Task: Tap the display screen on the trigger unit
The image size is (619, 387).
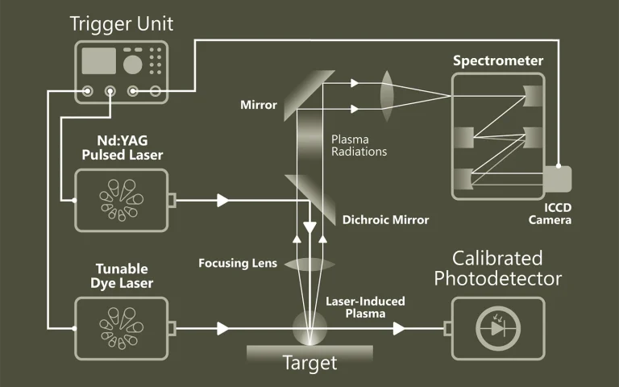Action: click(x=98, y=60)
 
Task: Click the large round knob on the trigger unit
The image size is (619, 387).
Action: click(x=133, y=63)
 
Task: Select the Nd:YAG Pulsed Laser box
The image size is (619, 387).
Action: click(x=121, y=198)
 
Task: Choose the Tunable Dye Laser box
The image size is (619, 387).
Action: click(x=121, y=328)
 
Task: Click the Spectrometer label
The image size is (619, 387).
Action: click(x=497, y=60)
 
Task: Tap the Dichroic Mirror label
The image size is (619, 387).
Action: click(x=385, y=219)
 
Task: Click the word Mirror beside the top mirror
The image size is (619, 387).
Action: click(x=258, y=105)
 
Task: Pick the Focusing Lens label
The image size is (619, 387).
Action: click(x=237, y=263)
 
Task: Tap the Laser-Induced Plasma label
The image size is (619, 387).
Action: click(x=365, y=307)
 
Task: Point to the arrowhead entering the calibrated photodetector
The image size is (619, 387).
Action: click(x=398, y=328)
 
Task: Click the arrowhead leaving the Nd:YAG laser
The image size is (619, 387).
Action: click(x=222, y=199)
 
